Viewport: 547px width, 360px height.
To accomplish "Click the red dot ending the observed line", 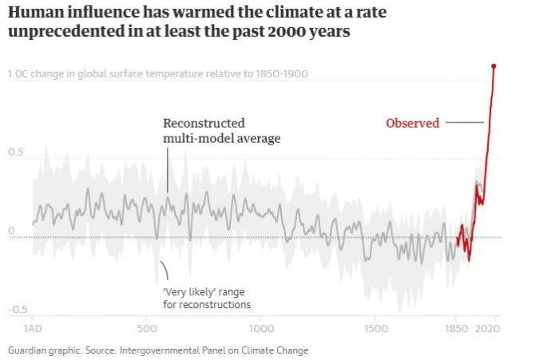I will tap(494, 66).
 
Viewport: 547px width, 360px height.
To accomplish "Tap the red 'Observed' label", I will tap(412, 123).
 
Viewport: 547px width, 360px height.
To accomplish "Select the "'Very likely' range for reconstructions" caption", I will tap(207, 299).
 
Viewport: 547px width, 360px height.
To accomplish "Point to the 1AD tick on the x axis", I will tap(34, 328).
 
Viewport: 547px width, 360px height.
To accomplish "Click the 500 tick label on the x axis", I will tap(147, 328).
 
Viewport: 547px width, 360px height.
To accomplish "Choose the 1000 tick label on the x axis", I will tap(260, 328).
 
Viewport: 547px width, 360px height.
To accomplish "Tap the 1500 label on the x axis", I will tap(375, 328).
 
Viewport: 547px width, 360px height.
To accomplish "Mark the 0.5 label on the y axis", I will tap(16, 152).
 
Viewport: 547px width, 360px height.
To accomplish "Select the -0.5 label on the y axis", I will tap(18, 309).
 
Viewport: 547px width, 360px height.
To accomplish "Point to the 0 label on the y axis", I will tap(11, 231).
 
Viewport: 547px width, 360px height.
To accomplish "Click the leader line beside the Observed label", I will tap(465, 123).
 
